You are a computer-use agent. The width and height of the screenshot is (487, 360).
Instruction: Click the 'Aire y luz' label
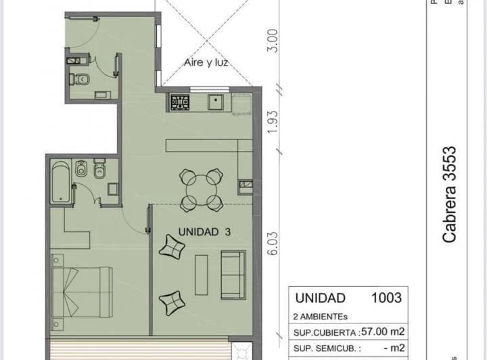[206, 63]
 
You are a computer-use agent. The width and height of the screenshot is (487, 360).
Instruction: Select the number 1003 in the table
[386, 298]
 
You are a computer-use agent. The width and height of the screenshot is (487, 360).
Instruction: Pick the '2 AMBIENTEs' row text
[322, 315]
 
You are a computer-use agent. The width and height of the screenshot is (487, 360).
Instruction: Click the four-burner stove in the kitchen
[180, 103]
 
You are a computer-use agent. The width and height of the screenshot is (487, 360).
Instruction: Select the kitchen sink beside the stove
[218, 103]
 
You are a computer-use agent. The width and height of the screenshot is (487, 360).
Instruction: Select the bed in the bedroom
[81, 292]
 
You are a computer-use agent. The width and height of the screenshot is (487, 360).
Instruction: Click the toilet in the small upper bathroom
[80, 79]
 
